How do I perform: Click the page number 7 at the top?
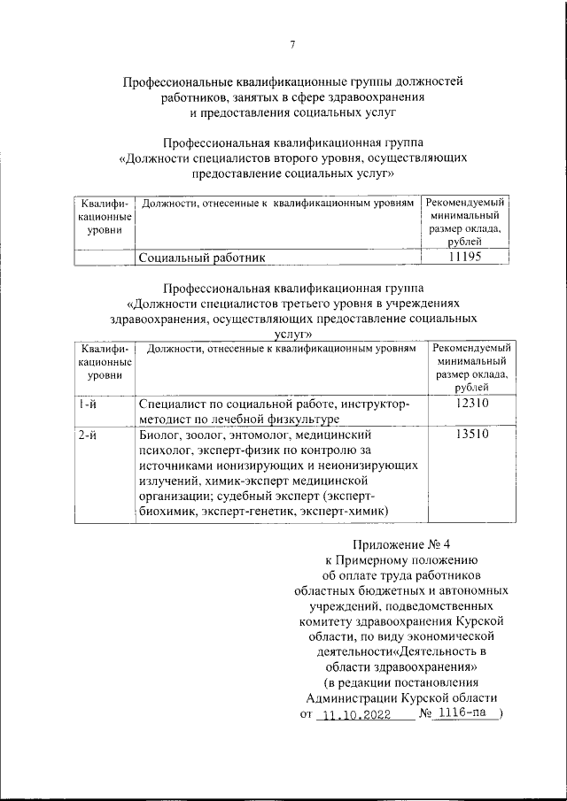(292, 46)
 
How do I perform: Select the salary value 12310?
(470, 404)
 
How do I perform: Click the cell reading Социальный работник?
(202, 258)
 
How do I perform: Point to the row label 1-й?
(87, 404)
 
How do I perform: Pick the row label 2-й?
(87, 435)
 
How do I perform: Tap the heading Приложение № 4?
(401, 543)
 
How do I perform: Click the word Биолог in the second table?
(160, 435)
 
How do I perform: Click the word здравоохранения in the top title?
(377, 96)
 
